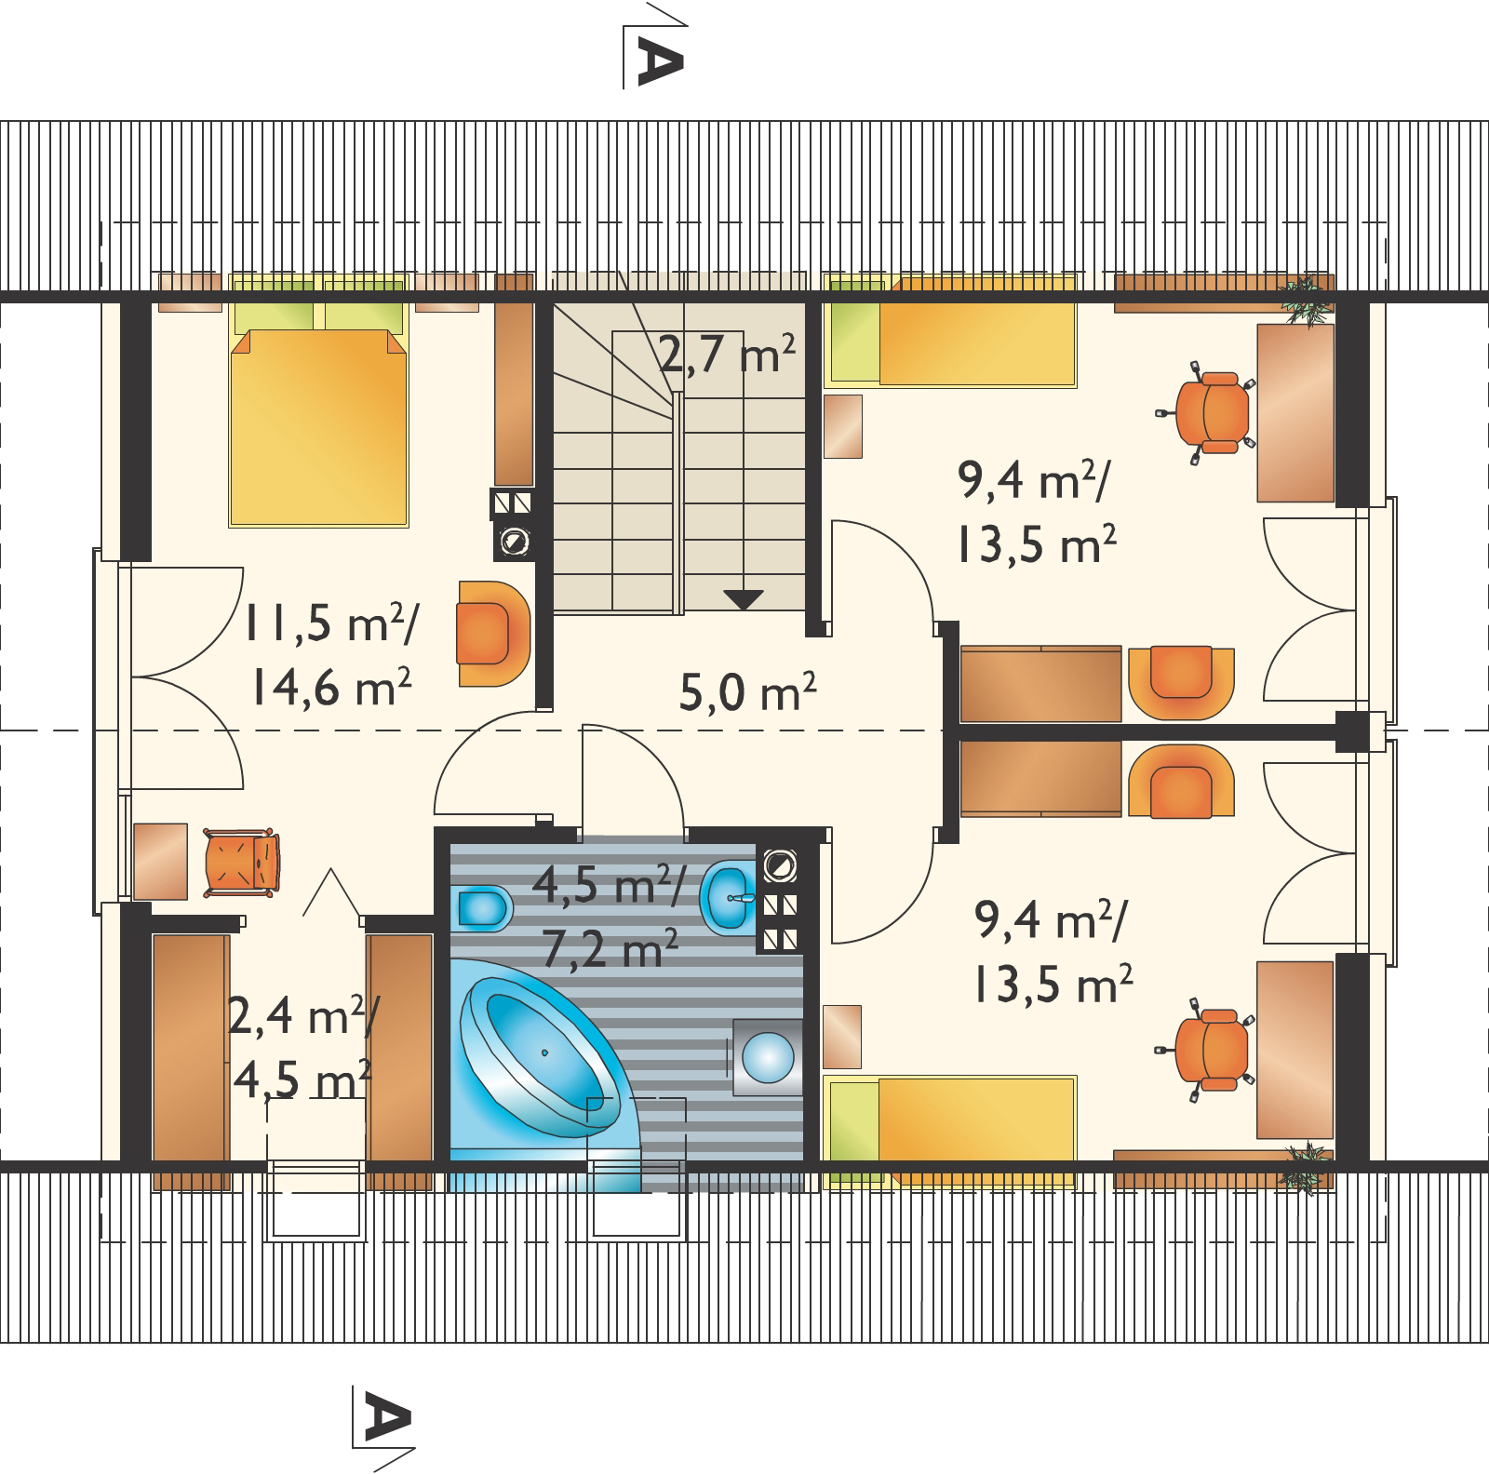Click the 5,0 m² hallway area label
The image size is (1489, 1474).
[x=748, y=692]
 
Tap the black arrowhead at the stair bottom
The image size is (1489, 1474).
[x=743, y=599]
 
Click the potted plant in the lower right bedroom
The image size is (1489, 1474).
[x=1303, y=1165]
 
